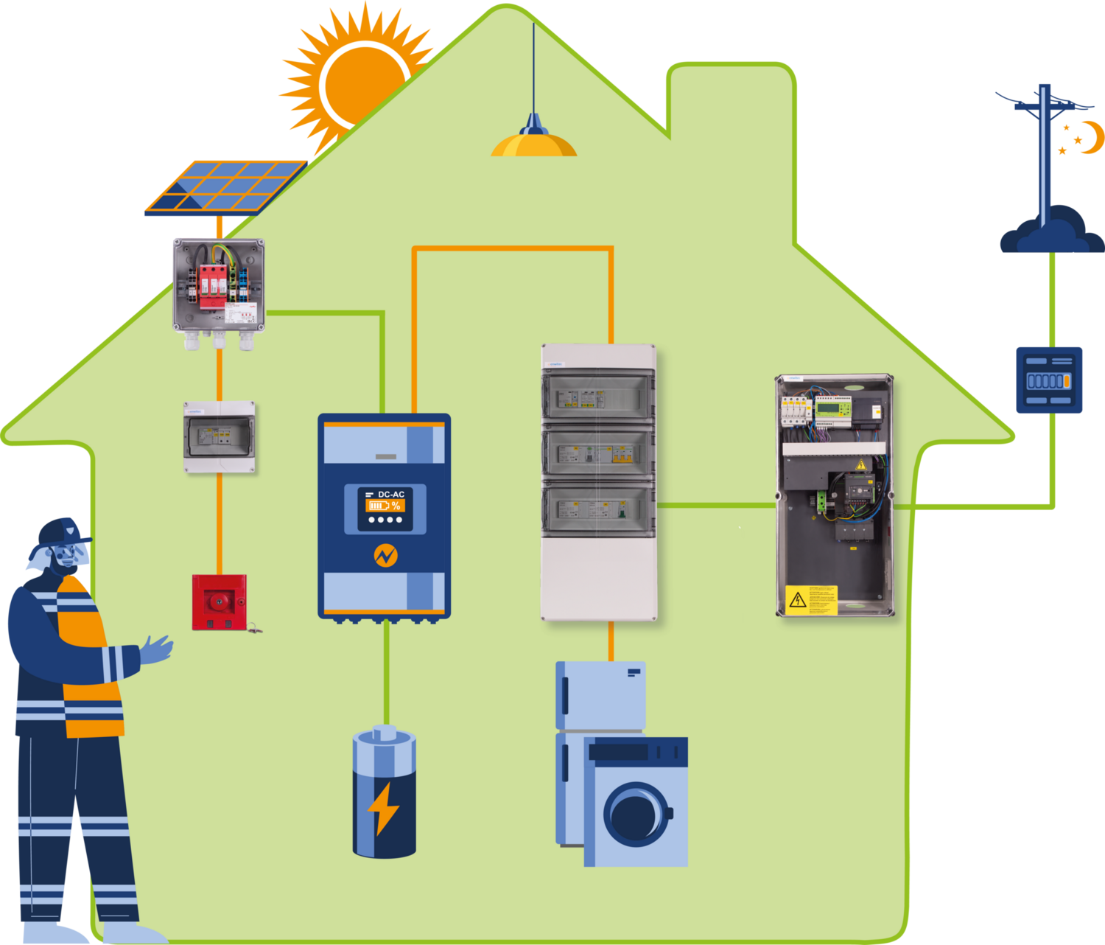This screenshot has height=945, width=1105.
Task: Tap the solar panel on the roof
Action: pyautogui.click(x=225, y=186)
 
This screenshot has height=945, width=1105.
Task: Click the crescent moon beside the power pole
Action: pyautogui.click(x=1092, y=138)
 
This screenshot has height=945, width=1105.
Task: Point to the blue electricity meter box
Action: pyautogui.click(x=1049, y=380)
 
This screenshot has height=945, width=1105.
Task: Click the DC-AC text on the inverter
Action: pyautogui.click(x=390, y=495)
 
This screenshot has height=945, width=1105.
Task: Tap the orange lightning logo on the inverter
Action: pyautogui.click(x=385, y=555)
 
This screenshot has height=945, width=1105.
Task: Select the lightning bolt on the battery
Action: pyautogui.click(x=384, y=807)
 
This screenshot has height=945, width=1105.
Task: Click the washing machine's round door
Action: pyautogui.click(x=636, y=815)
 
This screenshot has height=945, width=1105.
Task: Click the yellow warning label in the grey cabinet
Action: pyautogui.click(x=811, y=599)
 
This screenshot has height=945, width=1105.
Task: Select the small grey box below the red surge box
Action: pyautogui.click(x=220, y=436)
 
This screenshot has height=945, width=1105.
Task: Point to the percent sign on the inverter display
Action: pyautogui.click(x=396, y=506)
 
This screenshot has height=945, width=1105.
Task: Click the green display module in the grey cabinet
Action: pyautogui.click(x=832, y=409)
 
